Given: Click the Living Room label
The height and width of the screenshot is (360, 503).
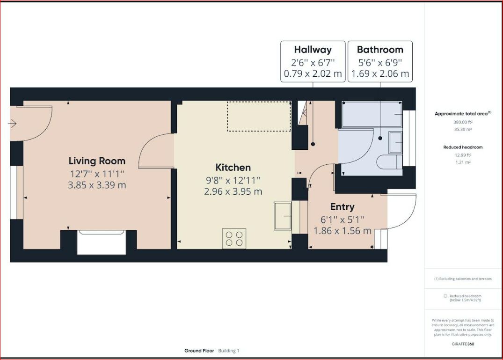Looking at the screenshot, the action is (x=97, y=161).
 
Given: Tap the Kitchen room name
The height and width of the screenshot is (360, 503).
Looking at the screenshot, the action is (x=233, y=167).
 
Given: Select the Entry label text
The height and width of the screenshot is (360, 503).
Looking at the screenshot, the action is (x=343, y=207).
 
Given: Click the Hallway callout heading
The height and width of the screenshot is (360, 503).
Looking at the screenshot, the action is (x=313, y=50).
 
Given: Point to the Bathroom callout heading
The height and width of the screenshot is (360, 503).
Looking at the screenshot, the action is (x=380, y=50).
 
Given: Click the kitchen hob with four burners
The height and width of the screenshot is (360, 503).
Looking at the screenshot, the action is (x=234, y=238).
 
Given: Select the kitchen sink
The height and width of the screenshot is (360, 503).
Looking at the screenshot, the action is (x=283, y=216).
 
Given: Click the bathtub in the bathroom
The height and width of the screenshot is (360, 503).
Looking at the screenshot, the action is (x=372, y=114).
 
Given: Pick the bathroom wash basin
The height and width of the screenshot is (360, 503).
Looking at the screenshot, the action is (x=395, y=142).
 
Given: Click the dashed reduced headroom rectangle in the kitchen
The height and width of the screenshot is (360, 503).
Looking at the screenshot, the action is (x=259, y=116).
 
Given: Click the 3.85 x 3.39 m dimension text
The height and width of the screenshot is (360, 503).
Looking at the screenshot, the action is (x=97, y=185).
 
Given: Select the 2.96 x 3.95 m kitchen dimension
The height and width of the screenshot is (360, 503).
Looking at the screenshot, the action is (x=233, y=191).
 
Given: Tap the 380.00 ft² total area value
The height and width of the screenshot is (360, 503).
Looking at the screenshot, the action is (x=463, y=122).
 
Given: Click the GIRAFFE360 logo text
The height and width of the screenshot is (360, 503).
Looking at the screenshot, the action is (x=463, y=344).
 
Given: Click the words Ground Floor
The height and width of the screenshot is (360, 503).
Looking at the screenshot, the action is (x=199, y=351).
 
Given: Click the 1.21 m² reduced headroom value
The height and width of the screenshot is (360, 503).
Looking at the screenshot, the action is (x=463, y=162).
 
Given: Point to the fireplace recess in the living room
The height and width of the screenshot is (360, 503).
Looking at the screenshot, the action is (x=102, y=242).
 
